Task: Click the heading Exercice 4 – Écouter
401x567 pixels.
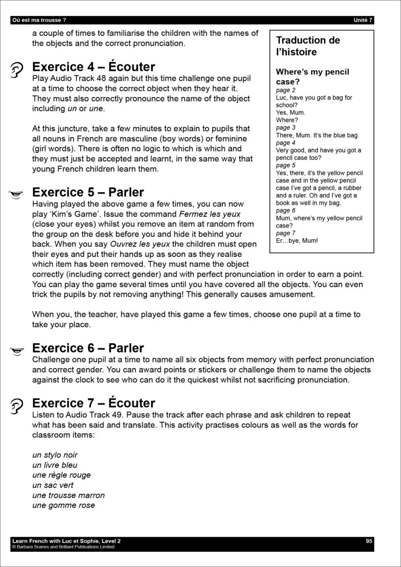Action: click(x=93, y=67)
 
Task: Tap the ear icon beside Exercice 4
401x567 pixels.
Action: click(x=17, y=70)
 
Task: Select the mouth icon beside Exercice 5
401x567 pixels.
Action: click(x=17, y=194)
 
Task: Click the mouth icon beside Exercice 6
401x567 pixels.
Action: click(x=17, y=350)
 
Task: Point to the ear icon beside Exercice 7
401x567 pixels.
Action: click(x=17, y=406)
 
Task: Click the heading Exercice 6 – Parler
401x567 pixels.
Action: click(x=88, y=348)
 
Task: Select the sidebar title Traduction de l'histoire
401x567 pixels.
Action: click(x=308, y=46)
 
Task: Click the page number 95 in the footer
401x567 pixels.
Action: click(x=369, y=541)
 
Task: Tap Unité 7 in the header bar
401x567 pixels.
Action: click(x=363, y=20)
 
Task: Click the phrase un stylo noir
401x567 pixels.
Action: click(x=55, y=455)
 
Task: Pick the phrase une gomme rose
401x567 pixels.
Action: click(x=64, y=505)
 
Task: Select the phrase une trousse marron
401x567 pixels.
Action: click(x=68, y=495)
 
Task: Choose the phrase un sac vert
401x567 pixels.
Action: click(x=53, y=485)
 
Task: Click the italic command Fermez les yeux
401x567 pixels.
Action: click(x=210, y=214)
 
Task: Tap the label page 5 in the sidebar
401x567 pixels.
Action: click(x=286, y=165)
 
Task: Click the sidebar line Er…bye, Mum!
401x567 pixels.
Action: click(x=297, y=241)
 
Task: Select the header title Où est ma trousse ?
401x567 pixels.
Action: click(x=39, y=20)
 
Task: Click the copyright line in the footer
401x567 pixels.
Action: click(x=63, y=547)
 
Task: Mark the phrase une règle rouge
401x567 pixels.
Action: click(x=62, y=475)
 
